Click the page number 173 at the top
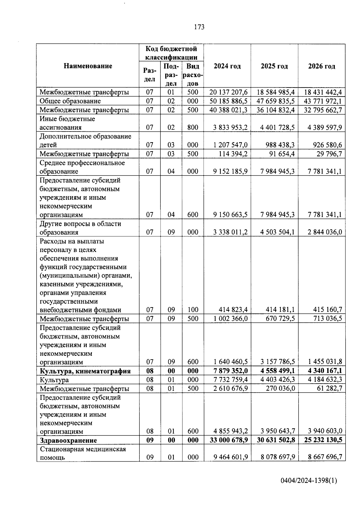[199, 27]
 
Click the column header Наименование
[88, 66]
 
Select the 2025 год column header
[274, 66]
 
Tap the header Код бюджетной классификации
[171, 53]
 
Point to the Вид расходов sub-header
[193, 75]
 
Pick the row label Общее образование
[70, 101]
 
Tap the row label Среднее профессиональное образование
[82, 167]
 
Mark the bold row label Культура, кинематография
[85, 371]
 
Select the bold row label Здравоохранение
[68, 440]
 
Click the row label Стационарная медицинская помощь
[83, 453]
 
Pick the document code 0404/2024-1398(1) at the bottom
[309, 481]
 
